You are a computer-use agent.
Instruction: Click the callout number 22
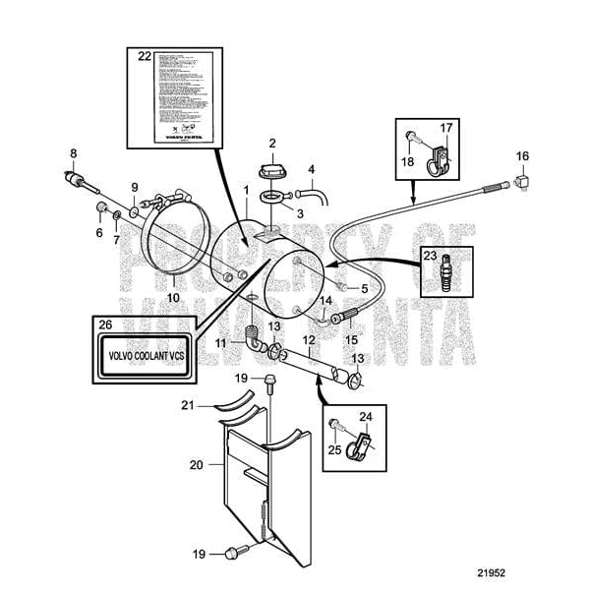point(145,57)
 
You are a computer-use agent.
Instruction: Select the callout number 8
point(72,152)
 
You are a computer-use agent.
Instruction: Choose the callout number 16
point(522,155)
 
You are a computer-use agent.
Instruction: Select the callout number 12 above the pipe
point(307,339)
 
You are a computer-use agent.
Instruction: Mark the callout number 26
point(106,324)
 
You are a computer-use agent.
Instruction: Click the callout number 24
point(365,416)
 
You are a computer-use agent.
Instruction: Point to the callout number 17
point(444,127)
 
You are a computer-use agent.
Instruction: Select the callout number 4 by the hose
point(312,169)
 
